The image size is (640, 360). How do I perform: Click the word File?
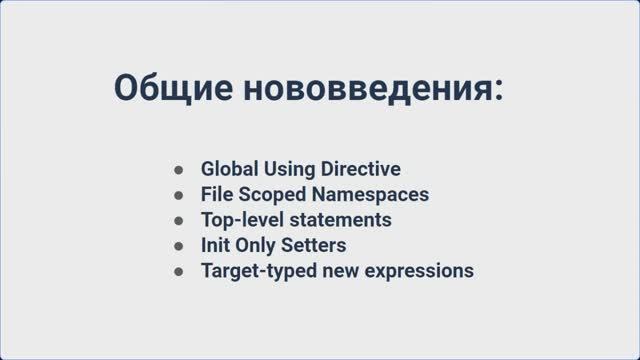pos(216,194)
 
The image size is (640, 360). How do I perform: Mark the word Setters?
pos(316,245)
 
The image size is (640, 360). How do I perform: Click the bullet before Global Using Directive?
pos(178,169)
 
